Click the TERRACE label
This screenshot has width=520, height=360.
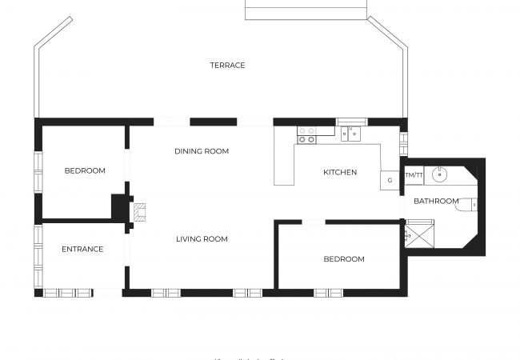(227, 65)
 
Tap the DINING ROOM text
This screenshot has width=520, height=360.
(202, 151)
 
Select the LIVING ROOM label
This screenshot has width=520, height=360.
(202, 238)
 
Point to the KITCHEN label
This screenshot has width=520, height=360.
(340, 172)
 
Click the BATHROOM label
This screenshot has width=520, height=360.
(436, 201)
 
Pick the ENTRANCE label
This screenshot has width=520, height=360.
(82, 249)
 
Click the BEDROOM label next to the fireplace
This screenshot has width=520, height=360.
(85, 170)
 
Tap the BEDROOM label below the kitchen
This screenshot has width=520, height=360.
(344, 258)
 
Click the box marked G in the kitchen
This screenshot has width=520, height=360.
(390, 180)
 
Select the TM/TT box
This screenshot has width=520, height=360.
(414, 174)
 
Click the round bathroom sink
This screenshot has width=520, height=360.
(438, 174)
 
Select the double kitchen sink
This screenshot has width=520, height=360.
(350, 133)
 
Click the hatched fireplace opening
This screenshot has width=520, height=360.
(140, 211)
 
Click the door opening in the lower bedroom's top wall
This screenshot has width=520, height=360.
(313, 222)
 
